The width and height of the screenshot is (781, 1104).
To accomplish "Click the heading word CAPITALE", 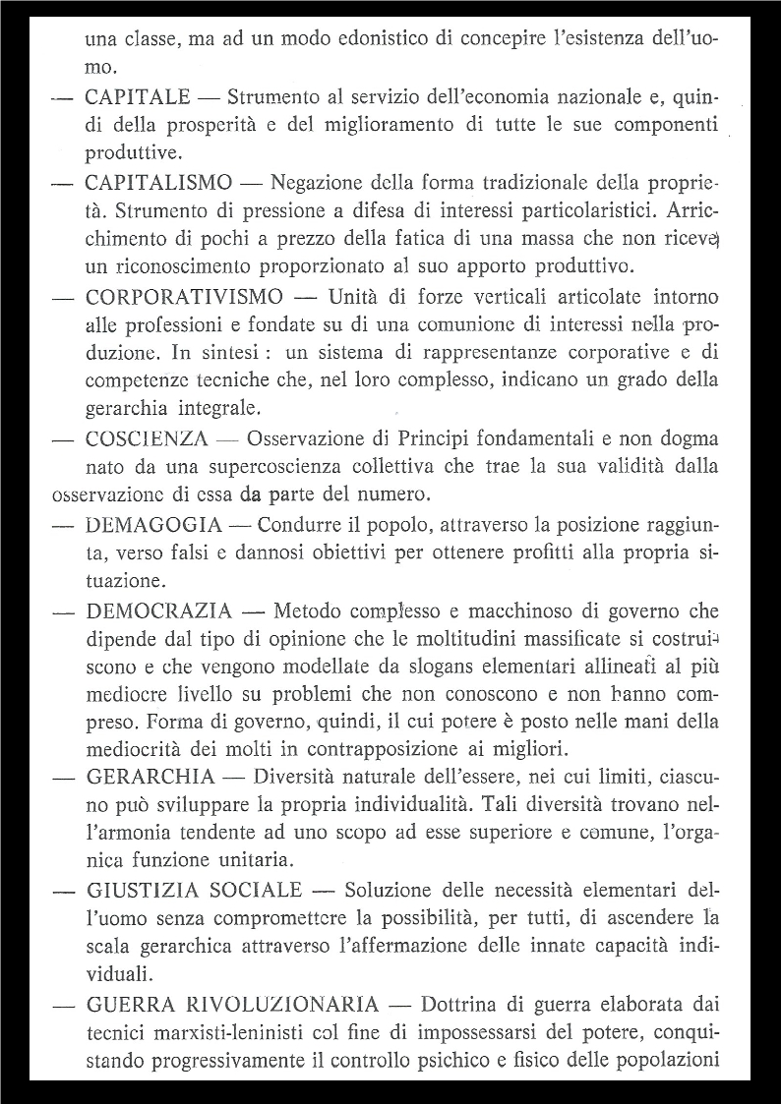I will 138,97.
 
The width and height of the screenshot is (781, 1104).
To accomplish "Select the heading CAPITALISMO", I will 159,183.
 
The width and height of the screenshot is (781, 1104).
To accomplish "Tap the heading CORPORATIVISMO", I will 185,297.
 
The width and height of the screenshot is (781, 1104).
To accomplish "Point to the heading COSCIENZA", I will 147,438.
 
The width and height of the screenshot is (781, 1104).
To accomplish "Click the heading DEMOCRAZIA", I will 159,610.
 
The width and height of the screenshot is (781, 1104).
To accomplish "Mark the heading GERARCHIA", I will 150,777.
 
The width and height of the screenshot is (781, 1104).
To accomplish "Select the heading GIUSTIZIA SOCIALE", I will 194,891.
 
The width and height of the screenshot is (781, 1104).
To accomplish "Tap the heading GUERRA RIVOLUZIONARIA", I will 232,1005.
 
